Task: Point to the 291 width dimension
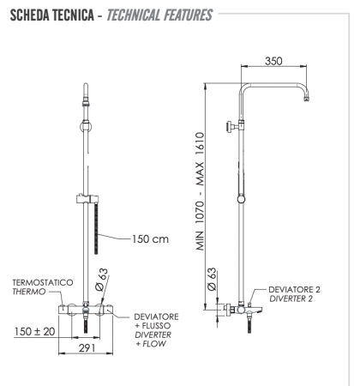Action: pos(83,348)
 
